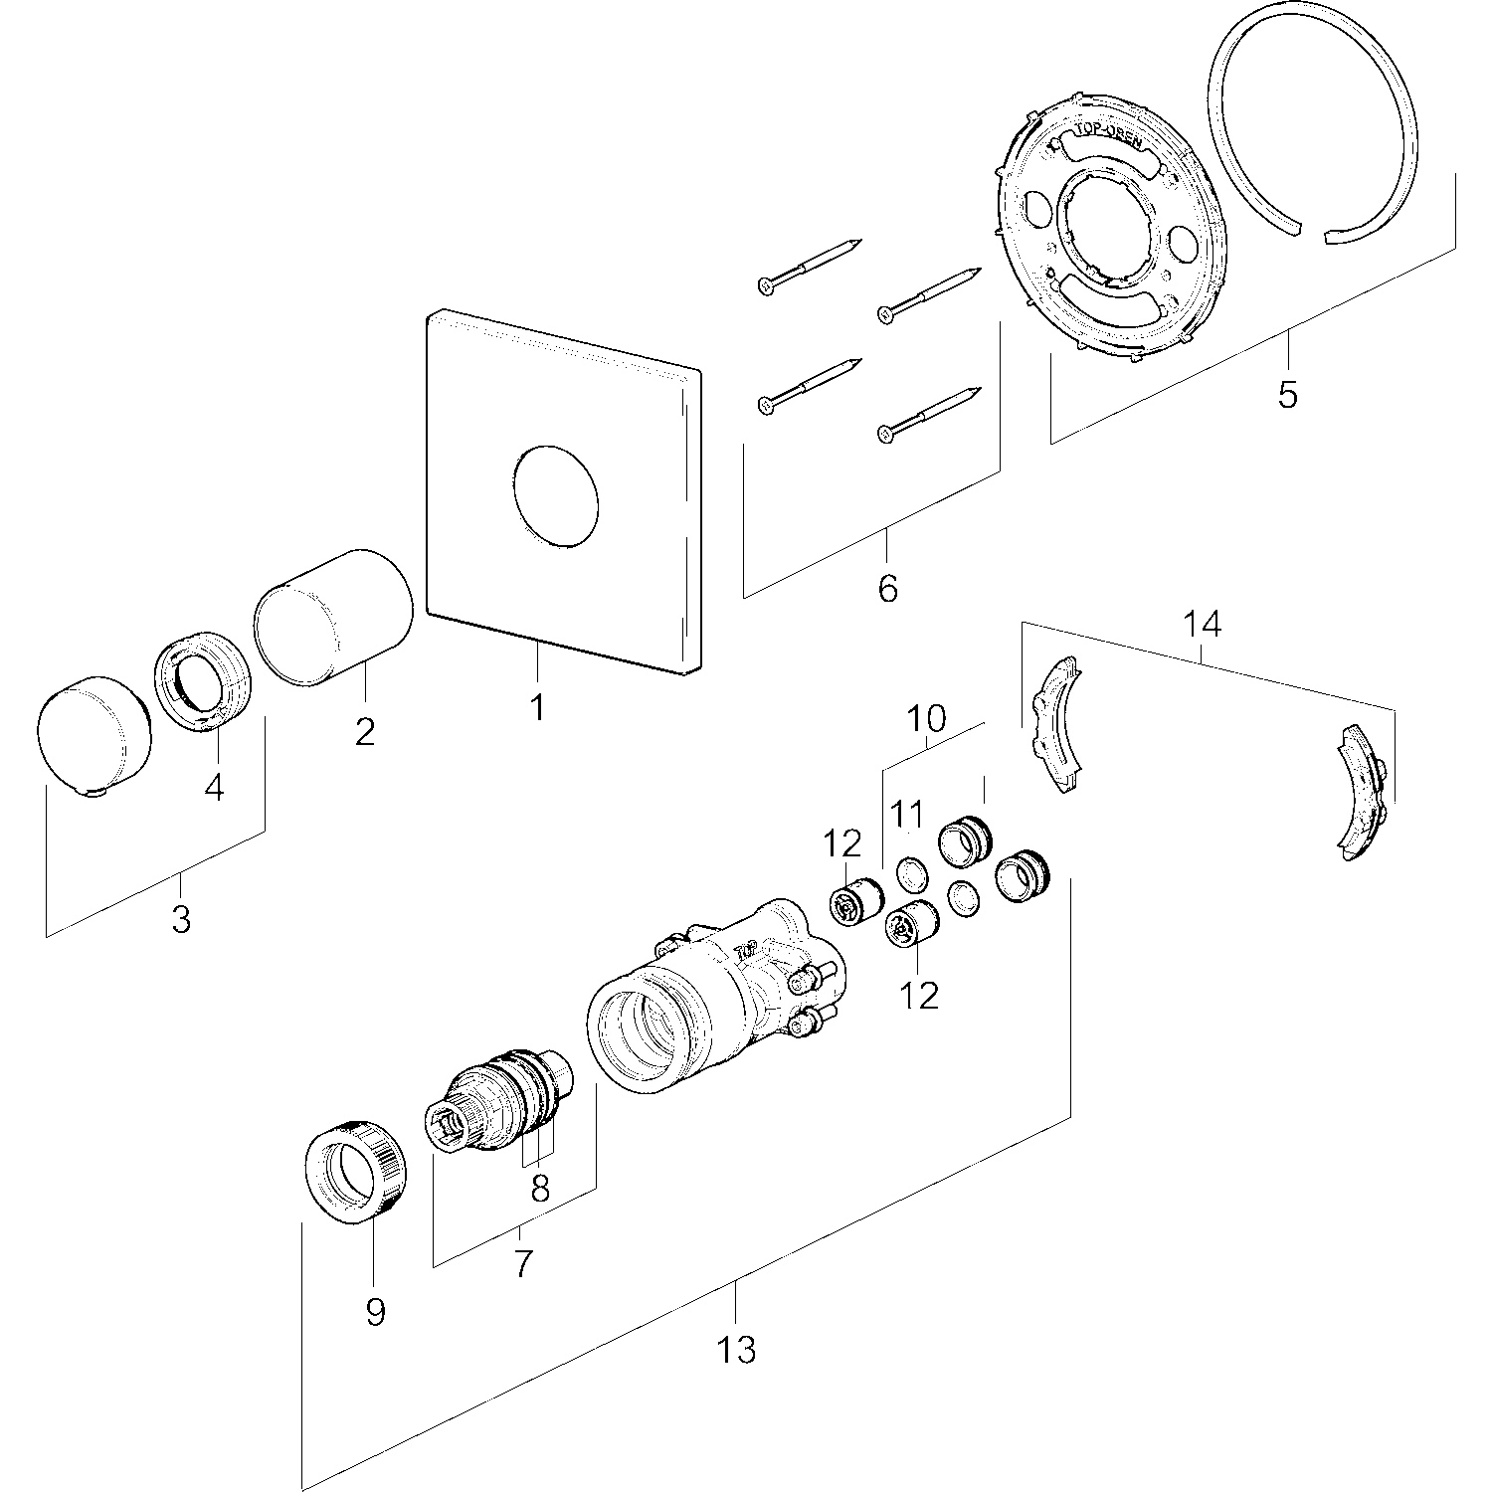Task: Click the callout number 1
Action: coord(537,708)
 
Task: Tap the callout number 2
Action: coord(365,732)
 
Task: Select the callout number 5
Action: coord(1287,395)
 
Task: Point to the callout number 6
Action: coord(887,588)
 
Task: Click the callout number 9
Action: coord(374,1312)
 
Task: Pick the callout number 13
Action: coord(736,1350)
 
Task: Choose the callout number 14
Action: coord(1202,625)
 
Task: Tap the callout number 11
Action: coord(907,816)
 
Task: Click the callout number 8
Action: coord(540,1190)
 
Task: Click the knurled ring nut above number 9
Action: coord(354,1170)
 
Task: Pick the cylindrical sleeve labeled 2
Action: coord(333,617)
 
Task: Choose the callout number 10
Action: coord(927,718)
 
